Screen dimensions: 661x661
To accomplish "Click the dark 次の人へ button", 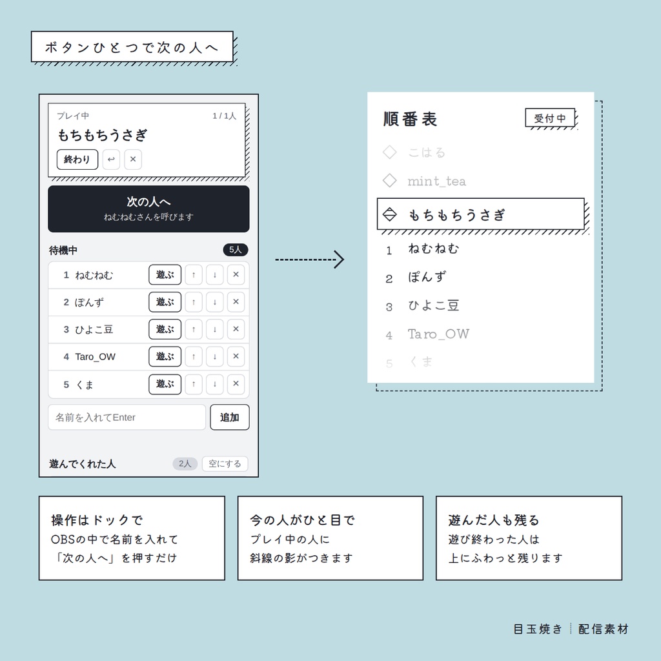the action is (x=148, y=208).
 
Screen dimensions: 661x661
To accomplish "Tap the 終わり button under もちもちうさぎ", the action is (x=77, y=159).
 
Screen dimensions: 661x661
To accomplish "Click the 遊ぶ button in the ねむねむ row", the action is (x=165, y=275).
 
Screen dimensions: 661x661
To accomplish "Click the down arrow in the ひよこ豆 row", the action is (x=214, y=329).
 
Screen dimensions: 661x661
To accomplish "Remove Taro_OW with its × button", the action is (x=236, y=356).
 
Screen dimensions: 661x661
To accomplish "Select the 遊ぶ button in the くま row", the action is (x=165, y=384).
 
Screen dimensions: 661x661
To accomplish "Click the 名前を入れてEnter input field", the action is (x=127, y=418).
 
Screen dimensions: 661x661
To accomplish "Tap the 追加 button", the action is (x=230, y=418).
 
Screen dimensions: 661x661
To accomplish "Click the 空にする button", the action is (x=225, y=463).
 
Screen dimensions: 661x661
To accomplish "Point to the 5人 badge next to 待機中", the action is (x=235, y=250).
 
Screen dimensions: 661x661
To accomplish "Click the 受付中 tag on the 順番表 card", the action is (x=550, y=118).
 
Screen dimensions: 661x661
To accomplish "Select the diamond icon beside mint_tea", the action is (x=389, y=181).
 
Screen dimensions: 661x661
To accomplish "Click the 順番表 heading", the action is (x=410, y=119).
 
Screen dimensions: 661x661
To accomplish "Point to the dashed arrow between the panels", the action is (x=310, y=259).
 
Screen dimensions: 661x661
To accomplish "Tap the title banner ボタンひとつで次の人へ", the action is (x=132, y=46).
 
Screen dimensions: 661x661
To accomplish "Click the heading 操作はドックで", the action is (x=97, y=520).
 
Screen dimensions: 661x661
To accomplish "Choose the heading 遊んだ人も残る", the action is (x=494, y=520).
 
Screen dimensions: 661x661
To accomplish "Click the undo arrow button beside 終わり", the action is (x=111, y=159).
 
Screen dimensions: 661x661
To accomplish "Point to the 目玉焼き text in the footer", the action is (x=538, y=629).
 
